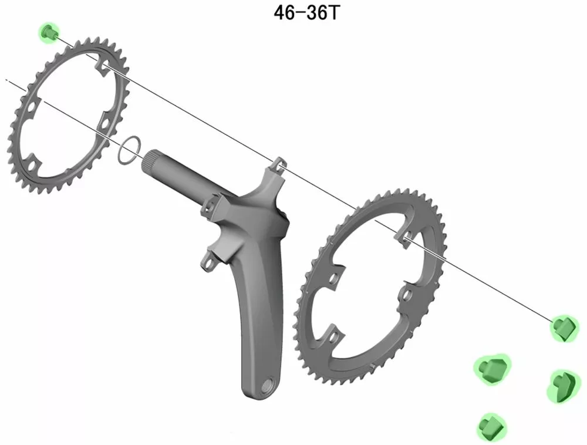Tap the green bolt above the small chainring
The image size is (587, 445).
coord(48,33)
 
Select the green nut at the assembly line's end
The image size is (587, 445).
coord(564,328)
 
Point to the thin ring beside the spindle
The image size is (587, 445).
coord(129,150)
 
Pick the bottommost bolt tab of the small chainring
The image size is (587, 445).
coord(35,160)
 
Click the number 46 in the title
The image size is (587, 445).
coord(285,13)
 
